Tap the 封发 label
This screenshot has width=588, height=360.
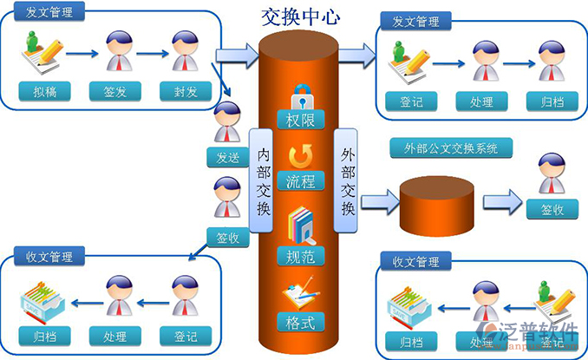point(184,89)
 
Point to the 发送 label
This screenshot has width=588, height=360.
point(227,157)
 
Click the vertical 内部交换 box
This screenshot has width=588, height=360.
point(264,180)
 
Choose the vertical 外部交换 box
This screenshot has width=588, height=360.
point(347,180)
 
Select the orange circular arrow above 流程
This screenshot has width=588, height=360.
point(301,156)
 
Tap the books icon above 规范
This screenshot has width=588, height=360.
point(301,225)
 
